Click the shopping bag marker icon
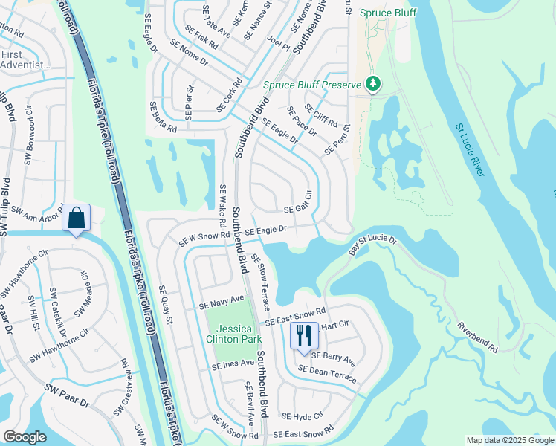coord(77,219)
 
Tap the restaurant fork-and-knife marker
coord(305,335)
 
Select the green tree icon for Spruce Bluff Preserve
coord(375,84)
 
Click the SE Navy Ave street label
coord(222,302)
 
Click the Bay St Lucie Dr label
coord(373,246)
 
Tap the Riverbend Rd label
coord(476,337)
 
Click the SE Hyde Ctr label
coord(303,416)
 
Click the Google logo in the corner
coord(25,437)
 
